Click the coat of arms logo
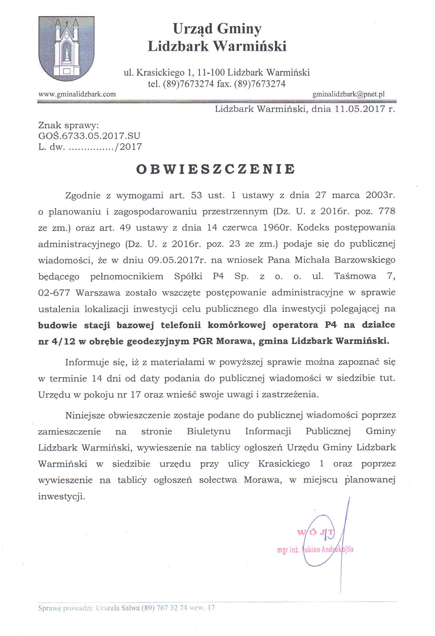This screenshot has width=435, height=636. click(x=66, y=48)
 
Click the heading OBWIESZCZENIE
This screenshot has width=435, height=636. click(x=215, y=169)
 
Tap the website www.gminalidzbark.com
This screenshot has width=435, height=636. click(x=77, y=94)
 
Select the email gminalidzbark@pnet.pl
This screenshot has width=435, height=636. click(x=348, y=94)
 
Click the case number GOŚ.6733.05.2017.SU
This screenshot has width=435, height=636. click(x=89, y=136)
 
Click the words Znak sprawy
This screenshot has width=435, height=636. click(x=68, y=125)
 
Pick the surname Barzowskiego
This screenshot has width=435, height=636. click(x=366, y=260)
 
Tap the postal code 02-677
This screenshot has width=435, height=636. click(x=55, y=293)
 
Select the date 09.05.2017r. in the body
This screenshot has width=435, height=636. click(x=176, y=260)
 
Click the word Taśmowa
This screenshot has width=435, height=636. click(x=355, y=276)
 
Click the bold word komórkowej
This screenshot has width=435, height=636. click(x=237, y=325)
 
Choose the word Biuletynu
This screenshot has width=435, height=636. click(x=209, y=431)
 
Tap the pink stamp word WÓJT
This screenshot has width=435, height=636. click(x=316, y=532)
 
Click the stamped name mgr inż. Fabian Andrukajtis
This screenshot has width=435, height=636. click(x=315, y=549)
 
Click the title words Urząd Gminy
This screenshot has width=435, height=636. click(x=217, y=29)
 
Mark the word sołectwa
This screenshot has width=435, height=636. click(x=218, y=480)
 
